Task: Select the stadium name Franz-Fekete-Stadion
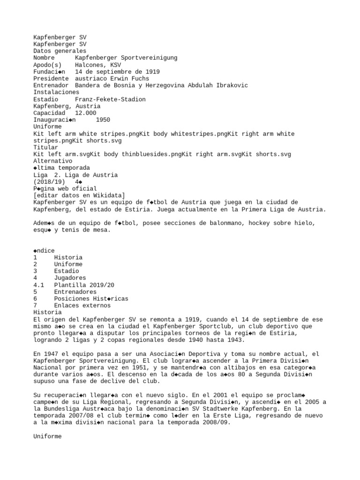tap(110, 99)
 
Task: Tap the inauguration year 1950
tap(103, 120)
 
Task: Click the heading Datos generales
tap(60, 51)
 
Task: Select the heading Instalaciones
tap(56, 92)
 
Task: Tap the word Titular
tap(45, 148)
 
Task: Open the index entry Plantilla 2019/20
tap(84, 285)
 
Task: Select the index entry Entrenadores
tap(75, 292)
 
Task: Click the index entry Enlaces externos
tap(82, 306)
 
